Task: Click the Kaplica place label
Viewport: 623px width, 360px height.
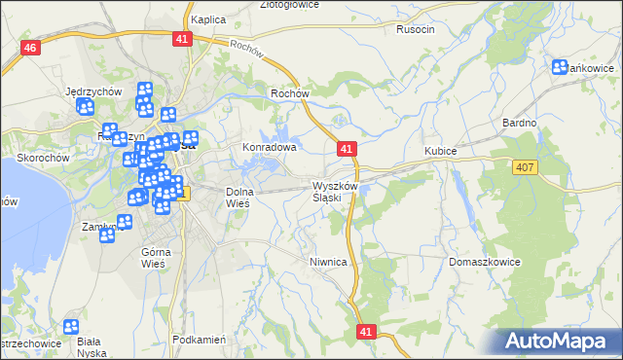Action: click(208, 19)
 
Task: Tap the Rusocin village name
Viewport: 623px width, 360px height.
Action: click(415, 30)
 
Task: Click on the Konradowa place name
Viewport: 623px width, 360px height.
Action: click(269, 148)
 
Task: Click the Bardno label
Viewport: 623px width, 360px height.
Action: click(519, 123)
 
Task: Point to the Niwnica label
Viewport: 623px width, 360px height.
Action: click(328, 262)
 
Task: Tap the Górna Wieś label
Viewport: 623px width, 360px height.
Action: click(156, 257)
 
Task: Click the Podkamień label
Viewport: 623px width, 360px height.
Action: click(198, 340)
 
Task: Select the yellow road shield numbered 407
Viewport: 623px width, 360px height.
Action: click(524, 168)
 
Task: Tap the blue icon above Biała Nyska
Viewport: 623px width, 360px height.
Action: click(71, 329)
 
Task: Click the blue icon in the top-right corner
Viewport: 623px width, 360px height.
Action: click(560, 67)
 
